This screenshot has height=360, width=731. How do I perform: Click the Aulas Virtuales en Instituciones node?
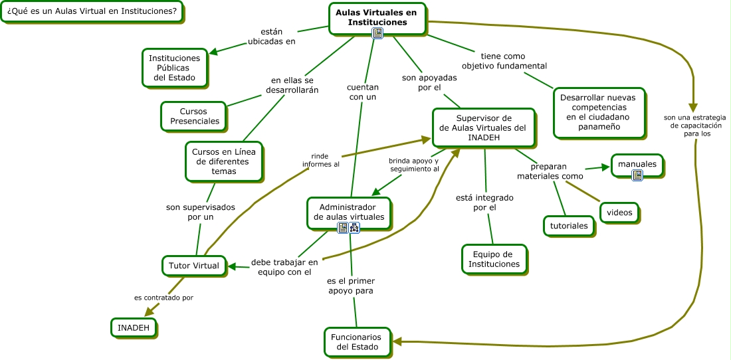[376, 17]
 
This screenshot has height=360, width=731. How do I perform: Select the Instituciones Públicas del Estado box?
[174, 68]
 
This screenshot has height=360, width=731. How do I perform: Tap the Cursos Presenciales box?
[193, 116]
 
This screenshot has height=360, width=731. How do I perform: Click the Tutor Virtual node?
[193, 266]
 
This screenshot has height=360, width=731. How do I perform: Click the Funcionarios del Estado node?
[356, 342]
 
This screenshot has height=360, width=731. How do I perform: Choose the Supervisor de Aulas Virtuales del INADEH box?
[483, 128]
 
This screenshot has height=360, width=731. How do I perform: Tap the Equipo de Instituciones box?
[494, 259]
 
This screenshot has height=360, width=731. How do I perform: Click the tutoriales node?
[568, 226]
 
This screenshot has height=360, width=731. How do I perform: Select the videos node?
[620, 213]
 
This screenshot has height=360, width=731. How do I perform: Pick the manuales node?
[637, 164]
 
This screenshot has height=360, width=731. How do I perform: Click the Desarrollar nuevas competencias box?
[599, 112]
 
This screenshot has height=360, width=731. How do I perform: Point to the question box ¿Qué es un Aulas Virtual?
[92, 11]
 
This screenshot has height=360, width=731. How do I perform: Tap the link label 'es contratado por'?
[163, 298]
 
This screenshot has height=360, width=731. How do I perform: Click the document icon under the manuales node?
[637, 175]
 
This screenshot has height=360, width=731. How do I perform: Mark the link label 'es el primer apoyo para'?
[350, 286]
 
